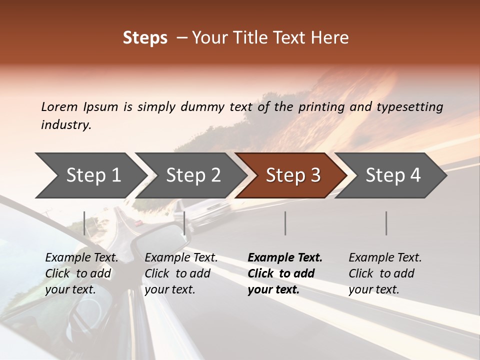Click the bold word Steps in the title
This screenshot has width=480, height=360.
tap(145, 38)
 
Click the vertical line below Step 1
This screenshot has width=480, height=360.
tap(84, 223)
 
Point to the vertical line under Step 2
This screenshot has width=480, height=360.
tap(184, 223)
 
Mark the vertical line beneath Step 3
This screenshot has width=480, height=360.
tap(285, 223)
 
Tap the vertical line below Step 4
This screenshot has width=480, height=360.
tap(386, 223)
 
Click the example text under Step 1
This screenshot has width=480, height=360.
tap(81, 273)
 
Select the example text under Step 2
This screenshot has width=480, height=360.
tap(181, 273)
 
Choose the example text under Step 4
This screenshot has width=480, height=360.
tap(385, 273)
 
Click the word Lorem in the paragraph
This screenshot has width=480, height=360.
tap(59, 106)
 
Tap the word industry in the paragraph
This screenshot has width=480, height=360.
tap(66, 125)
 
